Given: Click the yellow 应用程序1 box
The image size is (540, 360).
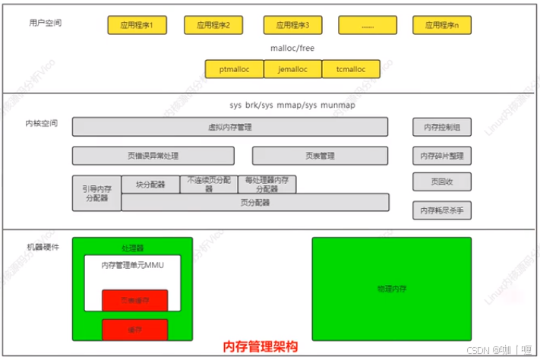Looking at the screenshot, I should pyautogui.click(x=137, y=26).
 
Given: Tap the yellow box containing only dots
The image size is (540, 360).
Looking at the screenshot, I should pyautogui.click(x=368, y=26).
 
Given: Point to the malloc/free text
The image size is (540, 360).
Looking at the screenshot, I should pyautogui.click(x=292, y=48).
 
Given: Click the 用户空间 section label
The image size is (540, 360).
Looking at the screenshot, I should pyautogui.click(x=45, y=24).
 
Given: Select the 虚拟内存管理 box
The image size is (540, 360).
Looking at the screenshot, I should pyautogui.click(x=229, y=127).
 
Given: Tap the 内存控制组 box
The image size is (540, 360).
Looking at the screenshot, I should pyautogui.click(x=441, y=127).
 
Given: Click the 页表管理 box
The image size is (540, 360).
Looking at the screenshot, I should pyautogui.click(x=320, y=156).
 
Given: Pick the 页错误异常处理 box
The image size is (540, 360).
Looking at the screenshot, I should pyautogui.click(x=153, y=156).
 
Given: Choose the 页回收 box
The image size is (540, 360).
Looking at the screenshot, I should pyautogui.click(x=441, y=182).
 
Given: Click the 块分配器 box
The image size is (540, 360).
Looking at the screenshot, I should pyautogui.click(x=150, y=184).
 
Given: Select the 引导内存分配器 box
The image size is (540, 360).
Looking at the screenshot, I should pyautogui.click(x=96, y=193).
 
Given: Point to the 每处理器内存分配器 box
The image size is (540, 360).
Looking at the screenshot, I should pyautogui.click(x=267, y=185).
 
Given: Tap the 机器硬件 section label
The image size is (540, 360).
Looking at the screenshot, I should pyautogui.click(x=43, y=247).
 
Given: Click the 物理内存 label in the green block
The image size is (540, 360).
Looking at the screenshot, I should pyautogui.click(x=391, y=289).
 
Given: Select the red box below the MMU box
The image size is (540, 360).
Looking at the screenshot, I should pyautogui.click(x=134, y=329).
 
